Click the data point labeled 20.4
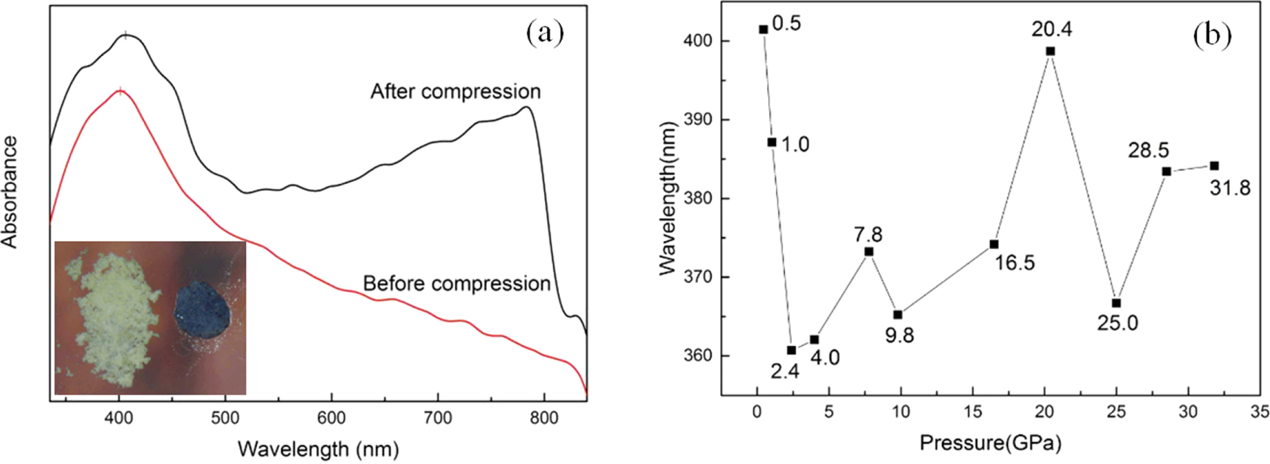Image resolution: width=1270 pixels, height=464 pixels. (x=1050, y=51)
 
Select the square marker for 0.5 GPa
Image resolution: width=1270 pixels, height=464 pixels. (x=763, y=29)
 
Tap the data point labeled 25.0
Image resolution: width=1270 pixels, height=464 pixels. (x=1116, y=303)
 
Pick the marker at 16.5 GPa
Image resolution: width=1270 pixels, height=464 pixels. (x=994, y=244)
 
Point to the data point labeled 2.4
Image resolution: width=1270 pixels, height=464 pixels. (x=792, y=350)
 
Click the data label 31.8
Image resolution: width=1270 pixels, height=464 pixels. (x=1230, y=188)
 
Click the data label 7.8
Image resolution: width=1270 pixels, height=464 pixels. (x=868, y=234)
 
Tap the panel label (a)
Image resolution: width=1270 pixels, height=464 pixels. (x=545, y=33)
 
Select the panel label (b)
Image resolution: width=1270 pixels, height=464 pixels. (x=1212, y=35)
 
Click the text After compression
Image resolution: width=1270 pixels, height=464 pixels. (x=456, y=92)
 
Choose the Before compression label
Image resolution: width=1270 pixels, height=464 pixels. (x=457, y=284)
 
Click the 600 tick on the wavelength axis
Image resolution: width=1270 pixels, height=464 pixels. (x=332, y=418)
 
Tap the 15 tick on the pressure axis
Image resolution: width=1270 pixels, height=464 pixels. (x=972, y=412)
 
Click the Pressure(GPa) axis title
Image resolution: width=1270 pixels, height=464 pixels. (x=990, y=443)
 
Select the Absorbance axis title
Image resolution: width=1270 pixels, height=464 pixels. (x=10, y=192)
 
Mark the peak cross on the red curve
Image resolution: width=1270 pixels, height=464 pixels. (x=120, y=92)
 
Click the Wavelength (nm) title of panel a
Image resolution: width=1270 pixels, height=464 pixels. (x=318, y=448)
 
